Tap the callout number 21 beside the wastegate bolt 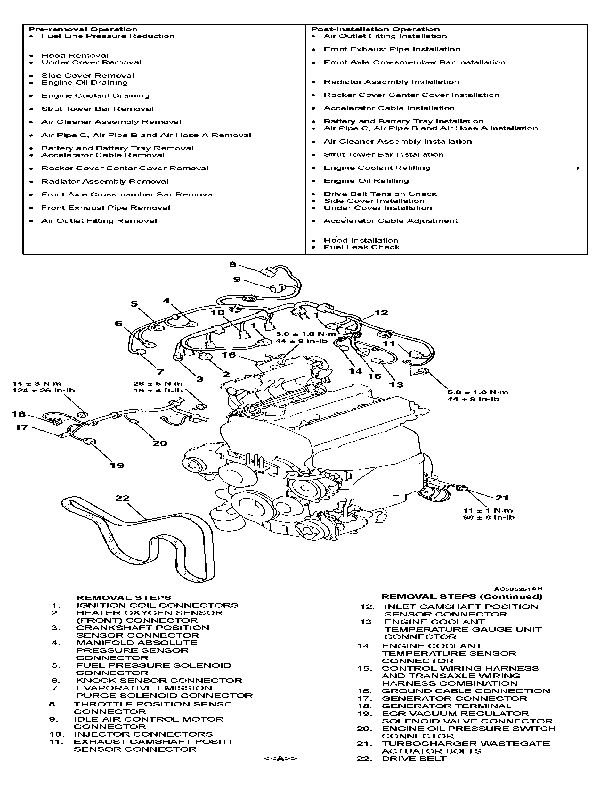tap(501, 498)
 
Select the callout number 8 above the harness tap(232, 264)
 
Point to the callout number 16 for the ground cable tap(229, 355)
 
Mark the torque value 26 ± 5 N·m tap(158, 384)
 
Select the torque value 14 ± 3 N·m tap(37, 384)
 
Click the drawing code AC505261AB tap(518, 589)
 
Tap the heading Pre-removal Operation tap(83, 29)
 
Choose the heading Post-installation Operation tap(375, 29)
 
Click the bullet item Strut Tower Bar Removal tap(97, 109)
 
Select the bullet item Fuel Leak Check tap(361, 247)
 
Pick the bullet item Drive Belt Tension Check tap(380, 194)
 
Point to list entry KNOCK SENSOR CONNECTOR tap(159, 681)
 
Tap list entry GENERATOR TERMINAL tap(446, 706)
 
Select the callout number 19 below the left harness tap(117, 465)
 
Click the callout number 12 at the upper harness tap(381, 313)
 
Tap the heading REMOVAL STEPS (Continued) tap(462, 596)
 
